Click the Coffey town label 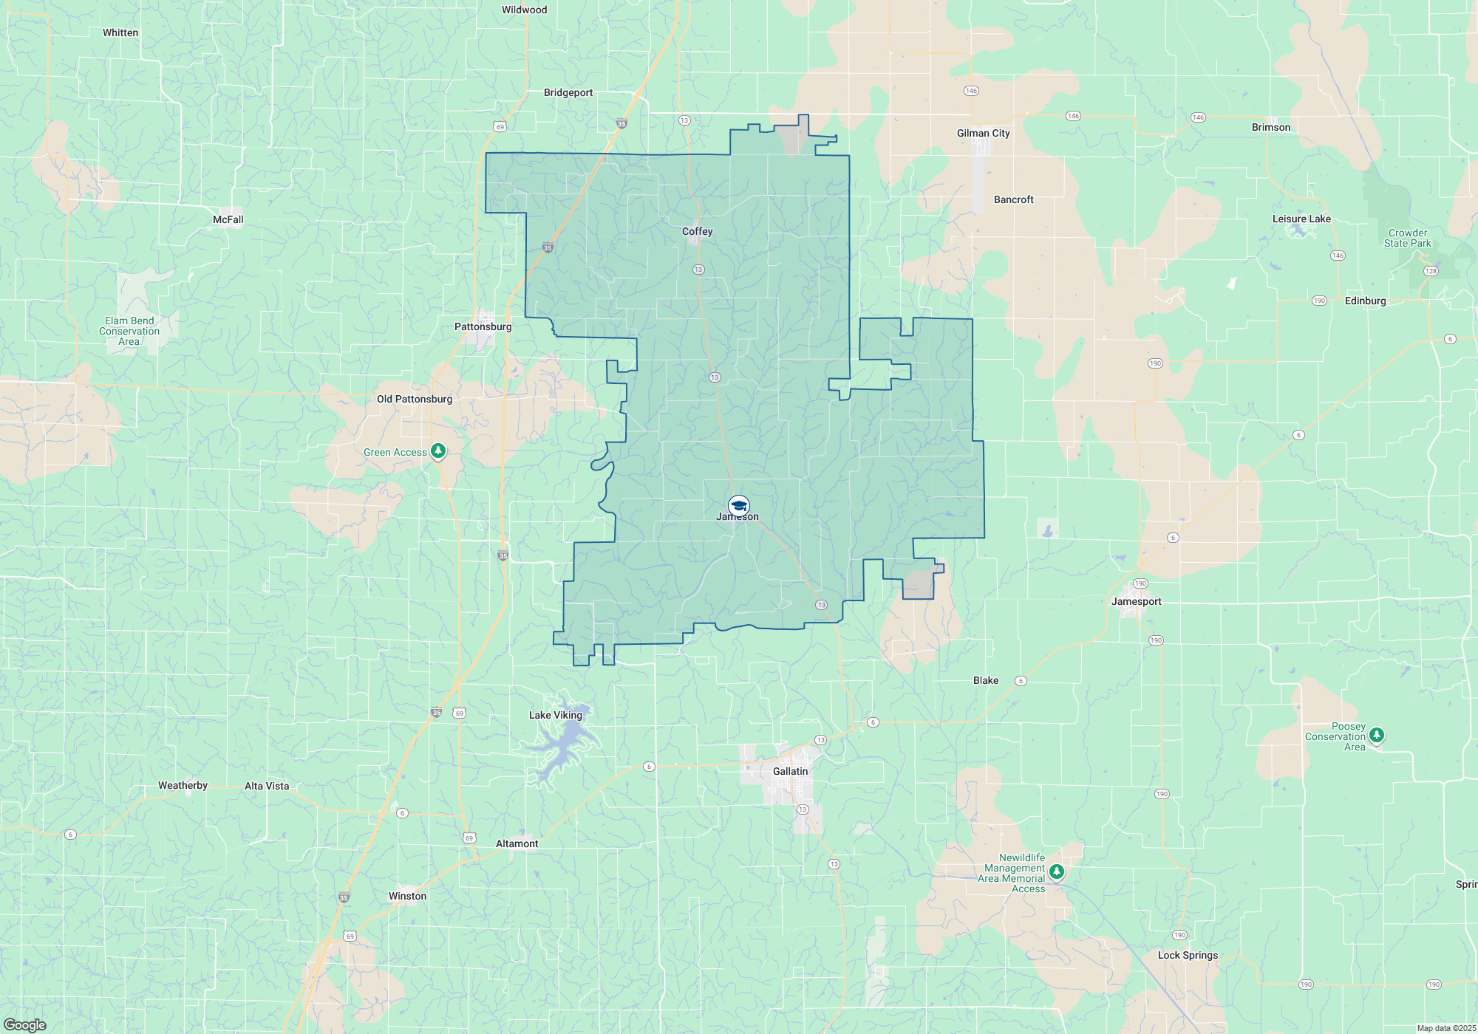click(697, 231)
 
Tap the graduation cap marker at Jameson click(738, 506)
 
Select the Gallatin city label click(790, 771)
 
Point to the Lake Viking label click(555, 715)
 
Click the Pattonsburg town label click(483, 326)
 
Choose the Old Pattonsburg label click(414, 399)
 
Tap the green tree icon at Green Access click(438, 451)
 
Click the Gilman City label click(983, 133)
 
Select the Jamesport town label click(1136, 601)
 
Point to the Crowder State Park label click(1407, 238)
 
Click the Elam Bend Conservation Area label click(129, 331)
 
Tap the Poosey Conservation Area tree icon click(1376, 735)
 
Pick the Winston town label click(407, 896)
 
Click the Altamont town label click(517, 843)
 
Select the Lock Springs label click(1188, 955)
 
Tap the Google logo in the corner click(25, 1025)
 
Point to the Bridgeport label click(568, 92)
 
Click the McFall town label click(228, 219)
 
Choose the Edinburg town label click(1365, 301)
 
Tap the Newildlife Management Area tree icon click(1057, 872)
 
